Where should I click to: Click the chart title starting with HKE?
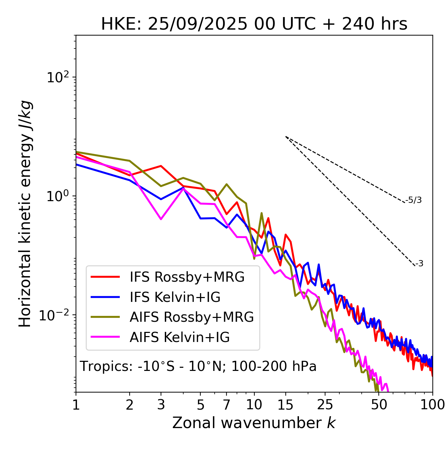tap(254, 24)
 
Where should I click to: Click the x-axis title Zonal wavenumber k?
tap(254, 423)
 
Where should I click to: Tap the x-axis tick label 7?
tap(226, 405)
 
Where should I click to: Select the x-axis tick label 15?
tap(285, 405)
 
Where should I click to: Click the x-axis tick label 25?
tap(325, 405)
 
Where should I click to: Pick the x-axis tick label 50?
tap(379, 405)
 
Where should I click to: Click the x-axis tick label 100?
tap(432, 405)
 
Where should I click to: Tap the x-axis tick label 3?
tap(161, 405)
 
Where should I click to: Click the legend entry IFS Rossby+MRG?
tap(187, 277)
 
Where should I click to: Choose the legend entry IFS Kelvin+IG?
tap(175, 297)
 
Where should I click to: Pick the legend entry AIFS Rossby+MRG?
tap(192, 317)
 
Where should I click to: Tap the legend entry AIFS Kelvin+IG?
tap(179, 337)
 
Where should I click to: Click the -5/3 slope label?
tap(414, 200)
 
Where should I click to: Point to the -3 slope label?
tap(419, 264)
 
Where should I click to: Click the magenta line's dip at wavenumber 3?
tap(161, 219)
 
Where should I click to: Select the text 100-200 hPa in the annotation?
tap(274, 366)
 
